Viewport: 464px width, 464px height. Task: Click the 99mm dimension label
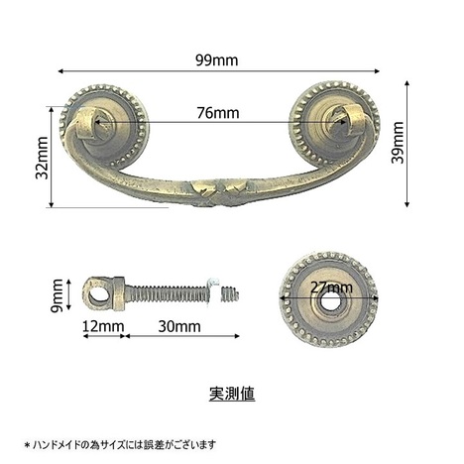point(216,60)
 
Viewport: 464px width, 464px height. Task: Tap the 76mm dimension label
point(218,113)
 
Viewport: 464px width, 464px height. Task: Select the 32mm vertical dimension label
point(42,158)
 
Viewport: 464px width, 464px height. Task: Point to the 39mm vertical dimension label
point(398,143)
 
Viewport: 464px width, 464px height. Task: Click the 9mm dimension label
point(57,295)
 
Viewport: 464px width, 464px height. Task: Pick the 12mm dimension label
point(103,326)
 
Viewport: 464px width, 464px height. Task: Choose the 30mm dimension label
point(179,326)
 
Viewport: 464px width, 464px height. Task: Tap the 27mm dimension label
point(331,287)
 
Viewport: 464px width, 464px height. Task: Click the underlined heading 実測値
point(232,394)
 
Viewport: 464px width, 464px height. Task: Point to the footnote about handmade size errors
point(120,444)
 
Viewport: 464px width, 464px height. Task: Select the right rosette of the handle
point(334,122)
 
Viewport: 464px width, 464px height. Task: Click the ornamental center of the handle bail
point(219,192)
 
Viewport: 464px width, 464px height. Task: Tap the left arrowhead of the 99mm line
point(60,70)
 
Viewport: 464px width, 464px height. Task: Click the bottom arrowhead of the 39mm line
point(406,204)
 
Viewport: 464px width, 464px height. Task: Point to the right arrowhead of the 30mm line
point(237,336)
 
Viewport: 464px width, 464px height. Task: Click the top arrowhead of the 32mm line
point(51,109)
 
